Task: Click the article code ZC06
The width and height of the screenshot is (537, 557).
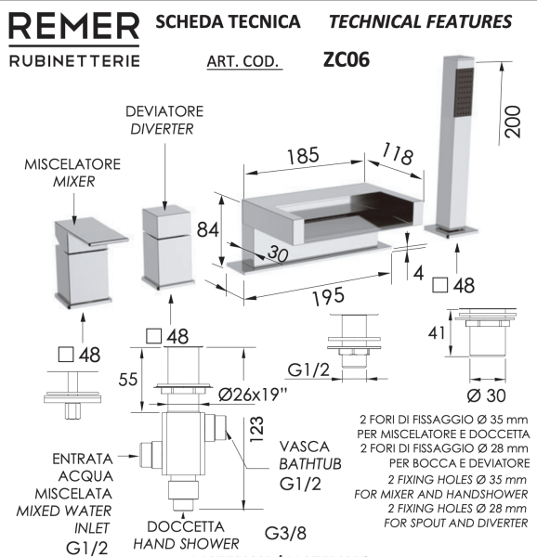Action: click(347, 59)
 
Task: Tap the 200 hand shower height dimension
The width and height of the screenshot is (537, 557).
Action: click(511, 118)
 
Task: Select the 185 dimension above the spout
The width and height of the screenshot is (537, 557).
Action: click(302, 155)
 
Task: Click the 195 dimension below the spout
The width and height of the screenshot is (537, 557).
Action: click(327, 296)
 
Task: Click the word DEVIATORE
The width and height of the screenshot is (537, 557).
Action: click(164, 110)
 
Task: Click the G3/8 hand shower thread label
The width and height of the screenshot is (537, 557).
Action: click(284, 534)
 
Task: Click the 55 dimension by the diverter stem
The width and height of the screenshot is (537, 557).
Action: click(132, 379)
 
